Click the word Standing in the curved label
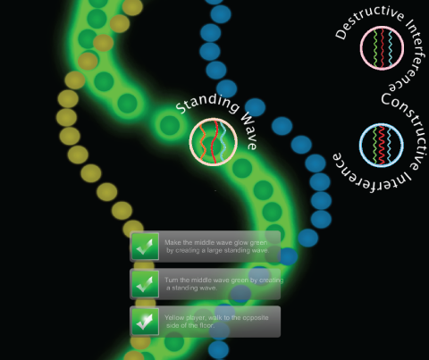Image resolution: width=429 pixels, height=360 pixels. click(208, 103)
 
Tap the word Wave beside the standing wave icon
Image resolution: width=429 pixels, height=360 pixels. click(249, 131)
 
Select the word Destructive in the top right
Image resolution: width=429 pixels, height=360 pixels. click(369, 21)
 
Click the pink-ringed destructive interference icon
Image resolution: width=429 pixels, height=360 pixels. click(382, 48)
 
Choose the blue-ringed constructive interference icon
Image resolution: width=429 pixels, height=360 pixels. click(382, 145)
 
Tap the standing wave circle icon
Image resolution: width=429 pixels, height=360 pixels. click(214, 142)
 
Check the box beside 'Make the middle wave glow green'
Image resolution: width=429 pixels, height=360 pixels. click(145, 247)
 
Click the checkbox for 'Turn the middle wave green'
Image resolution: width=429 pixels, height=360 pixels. click(145, 284)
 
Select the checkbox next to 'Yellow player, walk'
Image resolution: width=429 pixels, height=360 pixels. click(145, 322)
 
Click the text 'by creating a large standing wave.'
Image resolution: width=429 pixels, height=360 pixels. click(217, 250)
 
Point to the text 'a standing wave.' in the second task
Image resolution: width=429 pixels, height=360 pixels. click(191, 288)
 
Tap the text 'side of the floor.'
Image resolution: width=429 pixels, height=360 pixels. click(190, 325)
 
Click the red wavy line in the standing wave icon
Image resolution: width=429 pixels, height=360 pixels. click(215, 142)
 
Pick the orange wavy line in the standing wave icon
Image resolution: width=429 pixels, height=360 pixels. click(202, 142)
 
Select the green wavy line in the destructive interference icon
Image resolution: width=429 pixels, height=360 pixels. click(375, 48)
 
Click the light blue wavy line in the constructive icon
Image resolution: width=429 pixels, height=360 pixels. click(389, 145)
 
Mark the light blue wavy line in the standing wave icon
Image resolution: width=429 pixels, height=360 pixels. click(223, 142)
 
